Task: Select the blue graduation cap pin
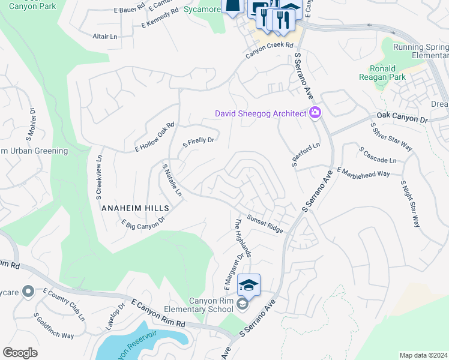coord(249,284)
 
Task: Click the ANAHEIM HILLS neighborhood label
coord(135,208)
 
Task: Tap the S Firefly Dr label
coord(198,142)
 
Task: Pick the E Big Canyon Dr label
coord(143,224)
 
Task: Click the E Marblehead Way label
coord(363,172)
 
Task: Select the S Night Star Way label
coord(410,203)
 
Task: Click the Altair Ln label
coord(105,37)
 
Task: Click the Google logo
coord(20,353)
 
